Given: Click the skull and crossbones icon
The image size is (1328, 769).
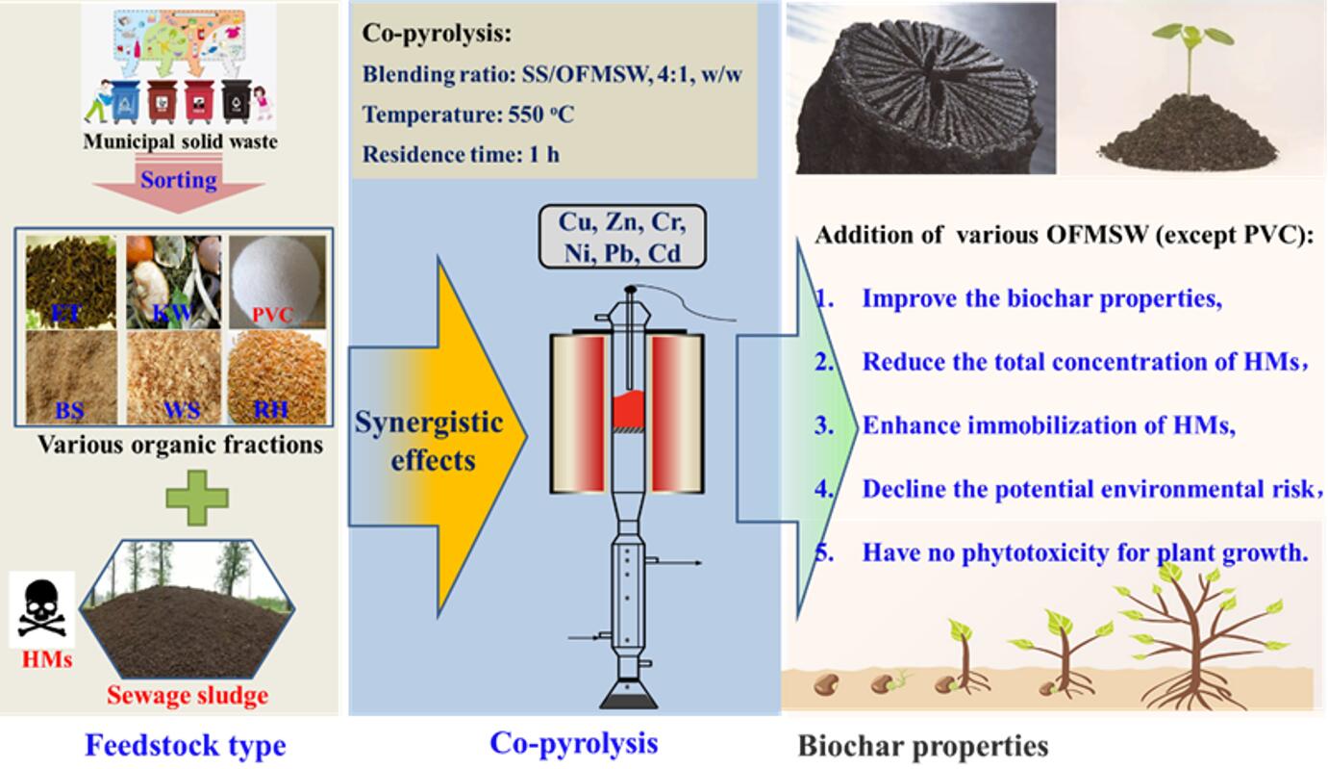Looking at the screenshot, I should pos(42,608).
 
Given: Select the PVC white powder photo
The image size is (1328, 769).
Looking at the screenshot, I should pos(278,279).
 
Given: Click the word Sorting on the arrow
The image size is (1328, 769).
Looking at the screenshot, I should pos(179,180).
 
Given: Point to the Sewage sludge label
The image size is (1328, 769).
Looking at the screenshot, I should pos(188,695).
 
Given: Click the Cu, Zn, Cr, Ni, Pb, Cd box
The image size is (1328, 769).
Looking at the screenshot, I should pos(622,237).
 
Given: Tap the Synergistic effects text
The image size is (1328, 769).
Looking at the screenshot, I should pos(429,440).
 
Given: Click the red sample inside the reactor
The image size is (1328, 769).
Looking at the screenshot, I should pos(631,410).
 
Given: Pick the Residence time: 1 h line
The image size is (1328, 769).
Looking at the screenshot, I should pos(461,154).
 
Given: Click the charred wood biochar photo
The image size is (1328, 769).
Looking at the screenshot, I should pos(920,89).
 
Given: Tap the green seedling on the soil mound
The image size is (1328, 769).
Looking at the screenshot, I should pos(1192,58).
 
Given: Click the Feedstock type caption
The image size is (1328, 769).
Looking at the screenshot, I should pos(185,745).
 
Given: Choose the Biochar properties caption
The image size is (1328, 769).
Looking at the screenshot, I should pos(922,746).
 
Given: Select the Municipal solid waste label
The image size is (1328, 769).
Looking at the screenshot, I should pos(180,141).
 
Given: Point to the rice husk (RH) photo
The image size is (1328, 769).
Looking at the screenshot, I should pos(278,375).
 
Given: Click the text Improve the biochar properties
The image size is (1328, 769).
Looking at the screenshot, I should pos(1041,298).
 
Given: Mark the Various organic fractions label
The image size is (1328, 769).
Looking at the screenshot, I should pos(180,445).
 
